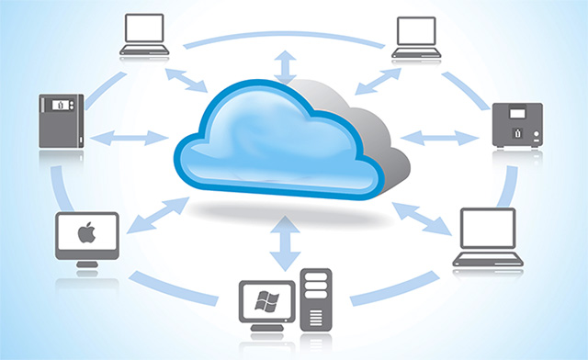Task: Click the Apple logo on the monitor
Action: coord(86,233)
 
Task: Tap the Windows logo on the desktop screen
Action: coord(266,301)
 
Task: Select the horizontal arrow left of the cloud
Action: coord(129,139)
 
